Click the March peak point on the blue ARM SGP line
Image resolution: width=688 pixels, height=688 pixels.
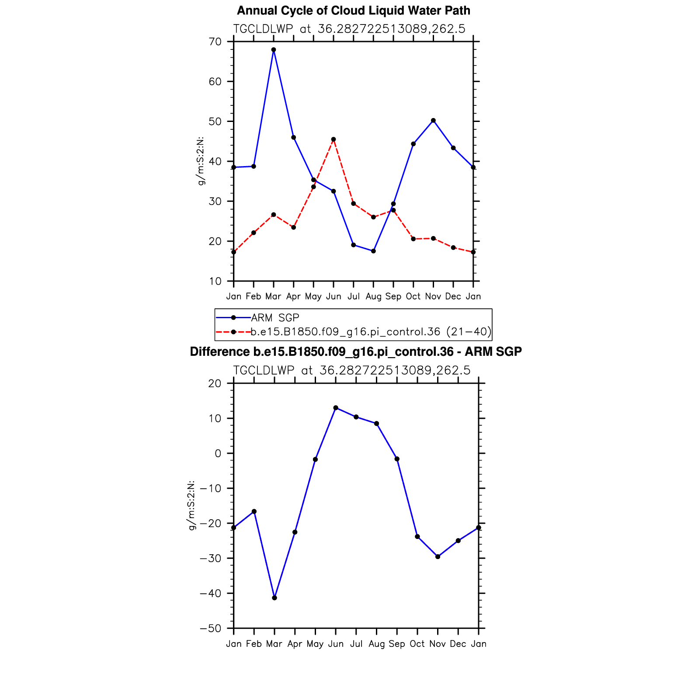(x=274, y=50)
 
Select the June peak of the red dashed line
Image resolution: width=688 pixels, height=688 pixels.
(x=334, y=139)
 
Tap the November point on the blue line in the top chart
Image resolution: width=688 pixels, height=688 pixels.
(x=433, y=121)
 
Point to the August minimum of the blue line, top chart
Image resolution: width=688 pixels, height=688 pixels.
(x=373, y=251)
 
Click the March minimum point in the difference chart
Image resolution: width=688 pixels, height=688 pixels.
(x=275, y=598)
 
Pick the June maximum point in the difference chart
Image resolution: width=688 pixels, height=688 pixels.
(x=336, y=408)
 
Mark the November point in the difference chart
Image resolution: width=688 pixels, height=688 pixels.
(x=438, y=557)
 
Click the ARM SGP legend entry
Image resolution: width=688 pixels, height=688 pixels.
(x=275, y=318)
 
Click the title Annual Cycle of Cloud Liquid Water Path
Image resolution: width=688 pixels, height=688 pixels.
(x=354, y=10)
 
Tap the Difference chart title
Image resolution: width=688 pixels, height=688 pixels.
(x=356, y=352)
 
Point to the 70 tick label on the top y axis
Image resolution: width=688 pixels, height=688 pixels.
(x=215, y=42)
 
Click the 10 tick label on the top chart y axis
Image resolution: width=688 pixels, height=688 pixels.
(x=215, y=281)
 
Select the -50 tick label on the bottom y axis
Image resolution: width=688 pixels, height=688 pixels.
(x=210, y=629)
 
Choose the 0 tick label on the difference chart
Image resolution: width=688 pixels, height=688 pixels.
(x=218, y=453)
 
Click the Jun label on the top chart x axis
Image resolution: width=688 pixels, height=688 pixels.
(x=334, y=296)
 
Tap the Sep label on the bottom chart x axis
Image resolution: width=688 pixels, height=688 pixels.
(x=397, y=644)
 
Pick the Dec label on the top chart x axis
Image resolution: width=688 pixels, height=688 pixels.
(x=453, y=296)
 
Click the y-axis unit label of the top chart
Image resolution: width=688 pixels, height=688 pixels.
(x=201, y=161)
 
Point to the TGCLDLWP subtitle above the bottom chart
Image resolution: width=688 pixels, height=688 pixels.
(x=352, y=371)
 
